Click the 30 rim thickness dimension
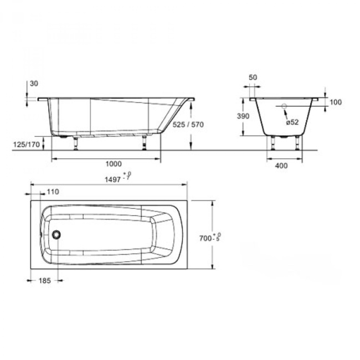[x=34, y=83]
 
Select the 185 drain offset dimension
[x=44, y=281]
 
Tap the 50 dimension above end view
[x=253, y=78]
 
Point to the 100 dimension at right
[x=336, y=102]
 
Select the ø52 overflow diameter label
[x=293, y=122]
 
